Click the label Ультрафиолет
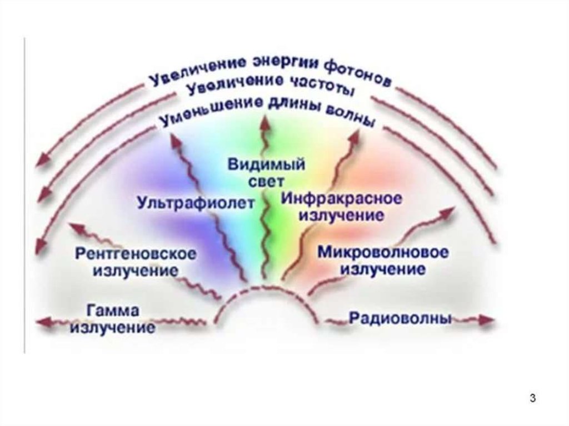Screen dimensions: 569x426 (x=196, y=203)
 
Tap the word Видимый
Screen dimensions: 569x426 (x=266, y=165)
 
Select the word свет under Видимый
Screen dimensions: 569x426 (x=266, y=181)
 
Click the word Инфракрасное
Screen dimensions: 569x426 (x=342, y=198)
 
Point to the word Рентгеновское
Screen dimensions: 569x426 (x=136, y=254)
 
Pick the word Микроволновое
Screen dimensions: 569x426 (x=383, y=252)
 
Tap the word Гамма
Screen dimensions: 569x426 (x=113, y=311)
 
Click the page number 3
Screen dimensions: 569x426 (x=532, y=398)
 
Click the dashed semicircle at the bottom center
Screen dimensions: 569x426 (x=266, y=287)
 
